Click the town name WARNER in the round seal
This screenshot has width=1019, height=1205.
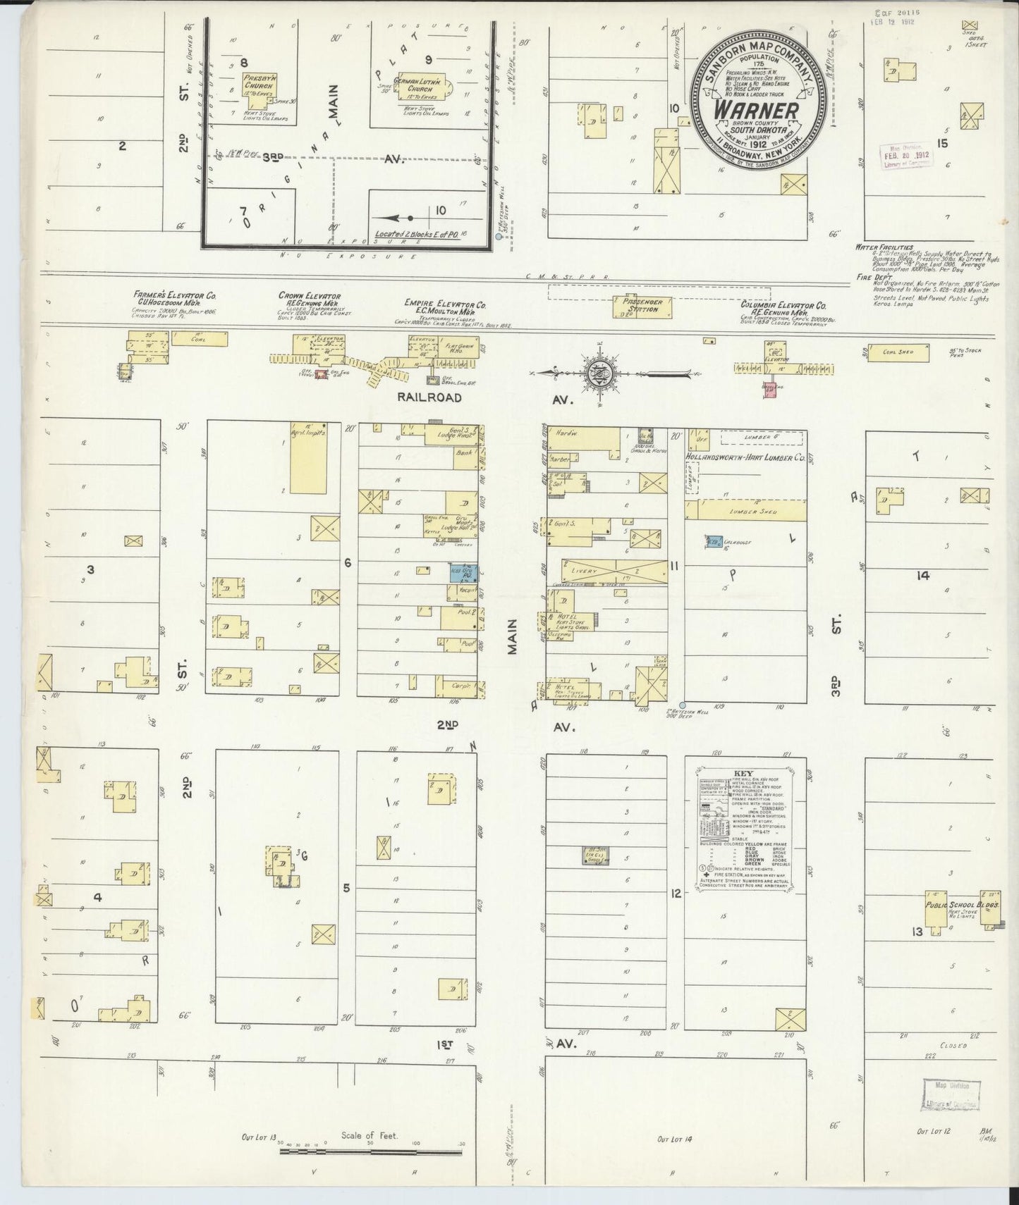pos(757,111)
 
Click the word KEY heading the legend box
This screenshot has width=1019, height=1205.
pos(744,772)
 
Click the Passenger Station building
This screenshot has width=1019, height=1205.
pos(642,307)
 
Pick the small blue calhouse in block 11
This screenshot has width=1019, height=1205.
pos(714,542)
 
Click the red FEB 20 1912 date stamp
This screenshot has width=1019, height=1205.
pos(904,155)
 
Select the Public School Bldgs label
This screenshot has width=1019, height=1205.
pos(959,906)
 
